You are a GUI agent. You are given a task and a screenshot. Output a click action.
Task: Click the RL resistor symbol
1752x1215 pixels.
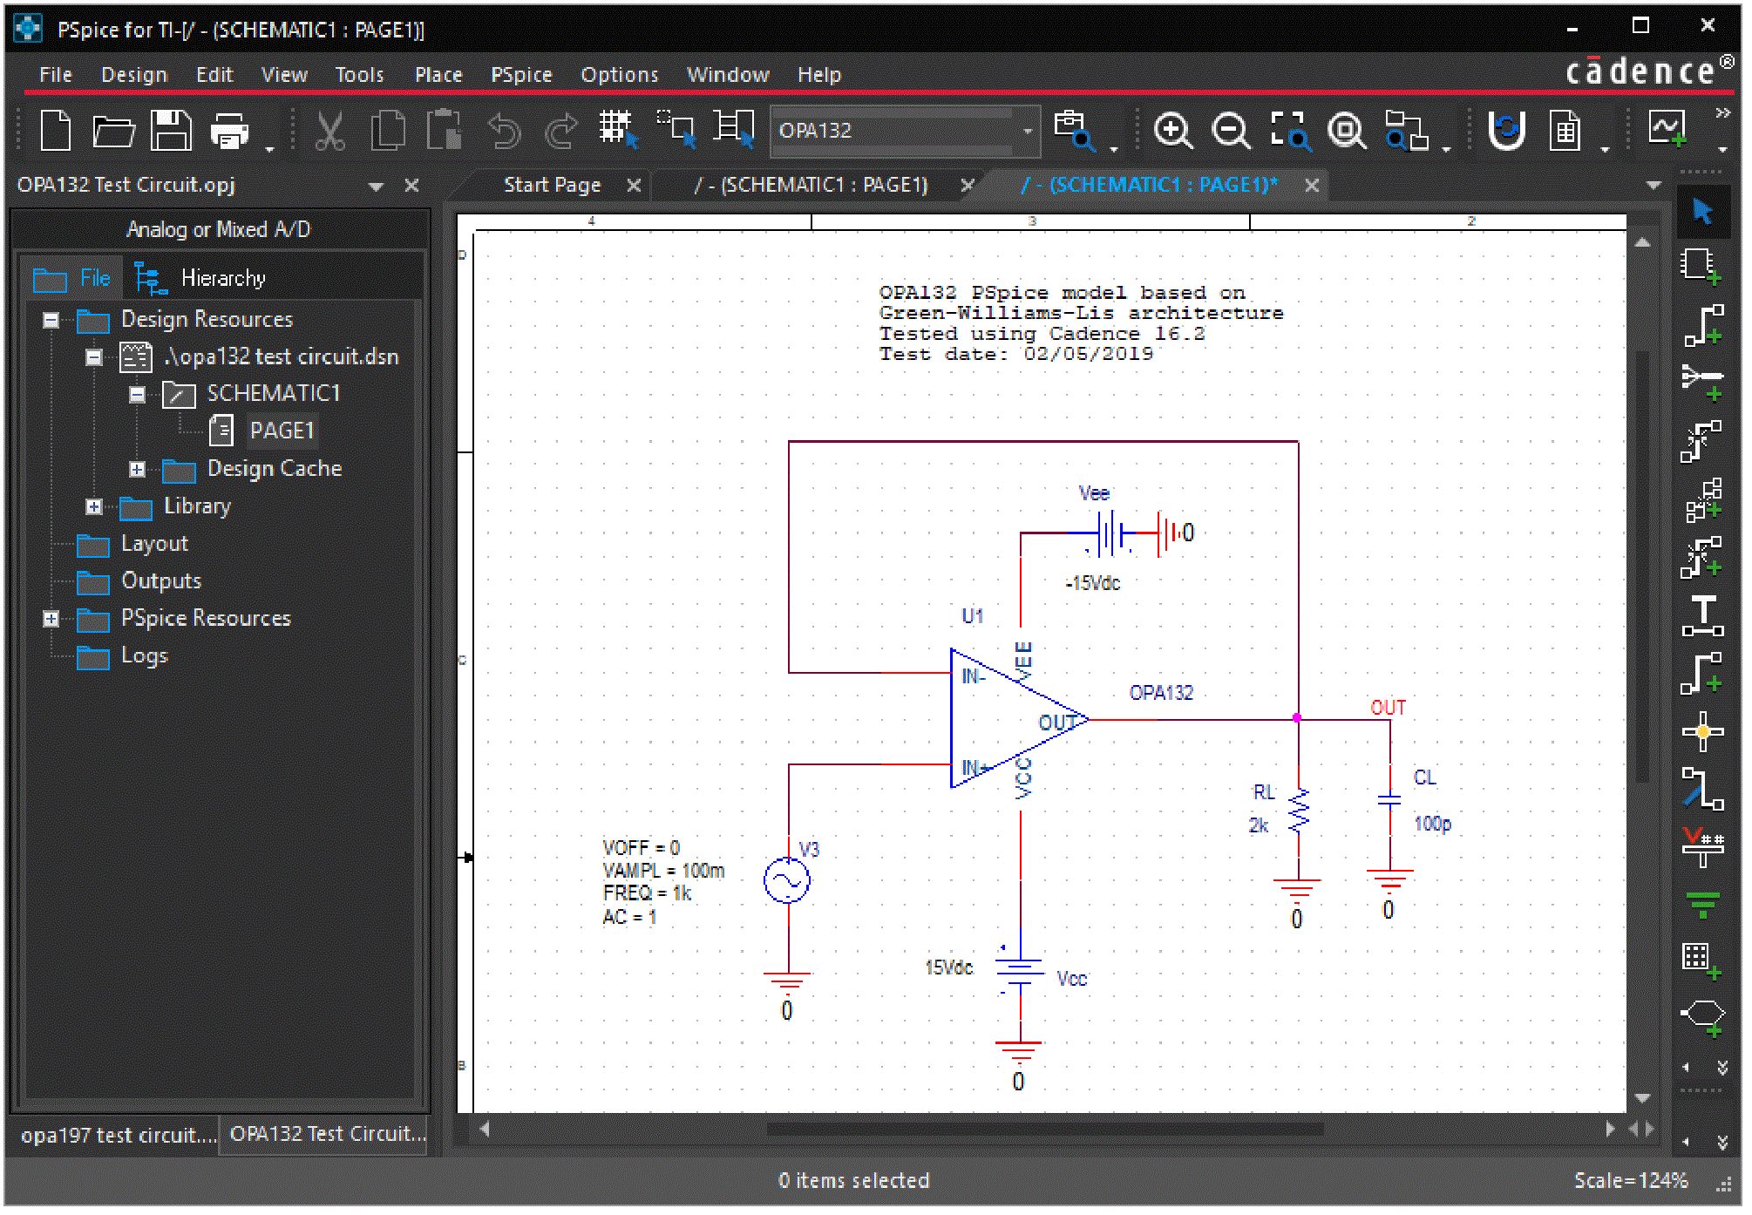click(1299, 810)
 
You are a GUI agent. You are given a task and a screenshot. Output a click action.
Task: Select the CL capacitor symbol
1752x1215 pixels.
click(1389, 799)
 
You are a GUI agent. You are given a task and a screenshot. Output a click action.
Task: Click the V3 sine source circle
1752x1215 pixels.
click(786, 880)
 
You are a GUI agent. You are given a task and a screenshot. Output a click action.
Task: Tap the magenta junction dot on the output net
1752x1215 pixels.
click(1297, 718)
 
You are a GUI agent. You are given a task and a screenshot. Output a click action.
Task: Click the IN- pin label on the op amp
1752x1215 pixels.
click(973, 676)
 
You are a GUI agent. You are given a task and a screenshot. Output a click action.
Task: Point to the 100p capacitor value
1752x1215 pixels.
click(1432, 824)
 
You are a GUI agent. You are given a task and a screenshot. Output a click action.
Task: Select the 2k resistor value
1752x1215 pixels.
click(1258, 825)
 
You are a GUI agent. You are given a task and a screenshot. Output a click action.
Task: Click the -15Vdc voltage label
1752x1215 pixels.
click(1092, 583)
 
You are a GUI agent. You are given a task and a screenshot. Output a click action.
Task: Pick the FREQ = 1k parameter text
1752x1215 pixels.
click(647, 893)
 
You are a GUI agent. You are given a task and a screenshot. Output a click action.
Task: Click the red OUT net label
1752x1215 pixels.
click(1388, 708)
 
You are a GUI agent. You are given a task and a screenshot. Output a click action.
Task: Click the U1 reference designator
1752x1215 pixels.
click(972, 616)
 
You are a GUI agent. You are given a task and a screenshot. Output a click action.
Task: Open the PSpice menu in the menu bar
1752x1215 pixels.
click(521, 75)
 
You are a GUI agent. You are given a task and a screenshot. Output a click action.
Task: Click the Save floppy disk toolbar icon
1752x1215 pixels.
click(171, 131)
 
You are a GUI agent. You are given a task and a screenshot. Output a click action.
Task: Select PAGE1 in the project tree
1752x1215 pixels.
click(282, 431)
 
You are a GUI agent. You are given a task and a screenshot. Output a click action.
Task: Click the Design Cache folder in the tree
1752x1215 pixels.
click(274, 468)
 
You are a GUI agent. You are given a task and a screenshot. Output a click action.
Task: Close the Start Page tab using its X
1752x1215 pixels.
click(634, 186)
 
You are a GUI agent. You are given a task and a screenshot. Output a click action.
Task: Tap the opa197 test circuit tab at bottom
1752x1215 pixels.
click(117, 1135)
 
